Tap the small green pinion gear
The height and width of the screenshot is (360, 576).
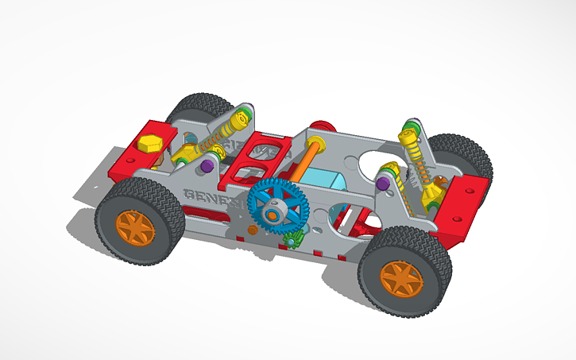294,238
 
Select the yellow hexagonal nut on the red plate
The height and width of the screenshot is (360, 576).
150,145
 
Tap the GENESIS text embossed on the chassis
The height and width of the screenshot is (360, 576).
211,197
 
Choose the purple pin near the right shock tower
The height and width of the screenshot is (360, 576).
383,184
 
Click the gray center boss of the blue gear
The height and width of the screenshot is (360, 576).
274,211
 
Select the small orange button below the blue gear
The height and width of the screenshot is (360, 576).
252,230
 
